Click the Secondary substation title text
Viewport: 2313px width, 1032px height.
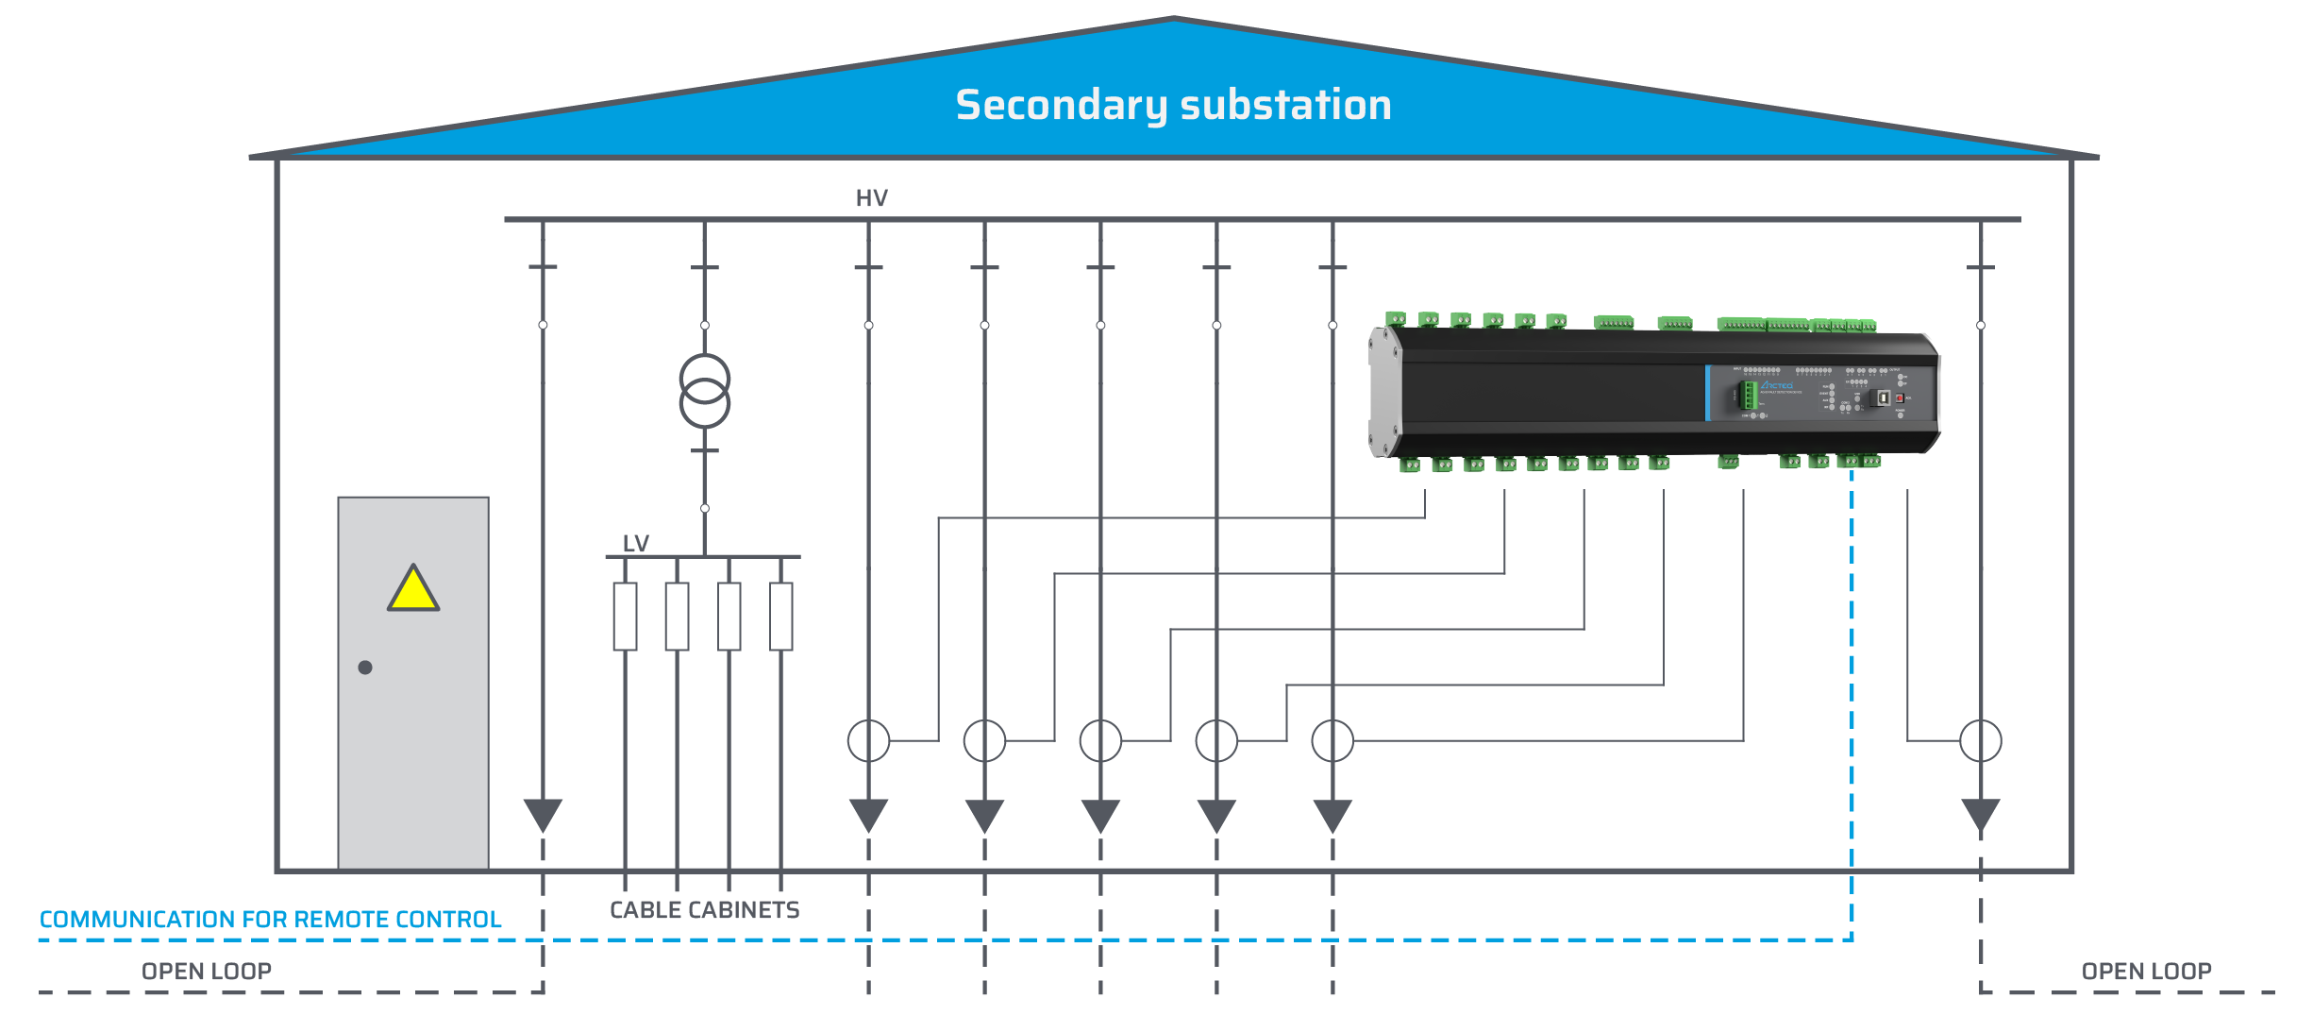pyautogui.click(x=1173, y=105)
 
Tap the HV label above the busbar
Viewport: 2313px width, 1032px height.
pyautogui.click(x=871, y=198)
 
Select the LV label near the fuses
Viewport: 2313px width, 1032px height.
pyautogui.click(x=635, y=544)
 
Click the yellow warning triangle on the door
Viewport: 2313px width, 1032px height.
pyautogui.click(x=413, y=591)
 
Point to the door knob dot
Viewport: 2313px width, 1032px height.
pyautogui.click(x=365, y=668)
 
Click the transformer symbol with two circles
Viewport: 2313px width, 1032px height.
pyautogui.click(x=705, y=391)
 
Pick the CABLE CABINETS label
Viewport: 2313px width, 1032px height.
pyautogui.click(x=704, y=910)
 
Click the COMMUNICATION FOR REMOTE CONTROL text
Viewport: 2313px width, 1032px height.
pyautogui.click(x=270, y=920)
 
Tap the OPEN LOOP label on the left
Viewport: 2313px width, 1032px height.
pyautogui.click(x=207, y=972)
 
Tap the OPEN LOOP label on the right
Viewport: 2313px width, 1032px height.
pyautogui.click(x=2146, y=972)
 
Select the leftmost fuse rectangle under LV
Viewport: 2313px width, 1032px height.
pyautogui.click(x=625, y=617)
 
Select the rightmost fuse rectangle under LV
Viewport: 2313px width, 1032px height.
pyautogui.click(x=780, y=617)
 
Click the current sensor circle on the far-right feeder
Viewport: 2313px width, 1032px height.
pyautogui.click(x=1980, y=741)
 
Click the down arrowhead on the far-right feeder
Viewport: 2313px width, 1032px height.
pyautogui.click(x=1980, y=814)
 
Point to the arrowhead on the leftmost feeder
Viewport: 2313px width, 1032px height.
pyautogui.click(x=543, y=814)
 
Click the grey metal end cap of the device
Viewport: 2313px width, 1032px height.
pyautogui.click(x=1383, y=392)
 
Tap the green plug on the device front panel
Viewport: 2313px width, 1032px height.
pyautogui.click(x=1749, y=396)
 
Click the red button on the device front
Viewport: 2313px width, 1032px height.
pyautogui.click(x=1900, y=398)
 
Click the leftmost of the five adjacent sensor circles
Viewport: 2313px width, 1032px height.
pyautogui.click(x=868, y=741)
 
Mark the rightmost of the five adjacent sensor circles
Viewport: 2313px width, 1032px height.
pyautogui.click(x=1332, y=741)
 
